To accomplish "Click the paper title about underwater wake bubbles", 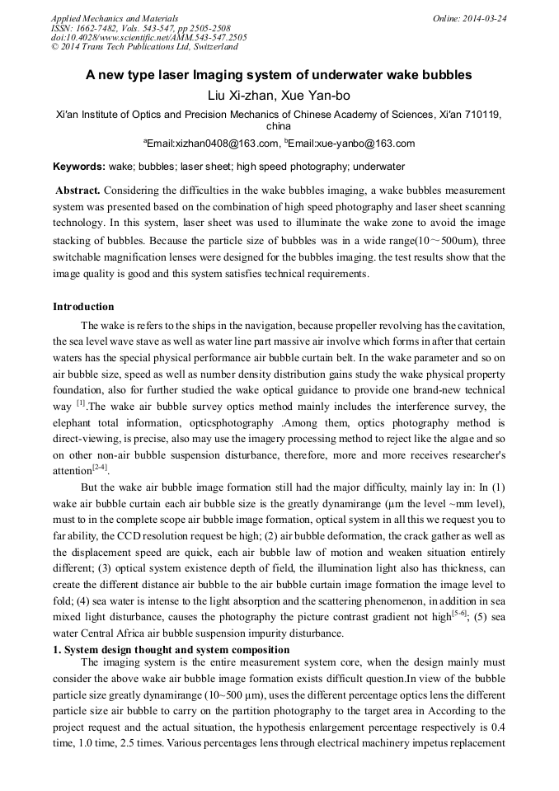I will click(x=279, y=75).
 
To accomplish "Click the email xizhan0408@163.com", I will click(x=213, y=144).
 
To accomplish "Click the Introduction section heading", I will click(x=83, y=307).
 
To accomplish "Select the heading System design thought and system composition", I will click(x=177, y=650).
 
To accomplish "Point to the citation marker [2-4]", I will click(x=100, y=467).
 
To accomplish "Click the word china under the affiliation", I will click(x=279, y=127).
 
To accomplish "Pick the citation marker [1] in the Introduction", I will click(x=81, y=403).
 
